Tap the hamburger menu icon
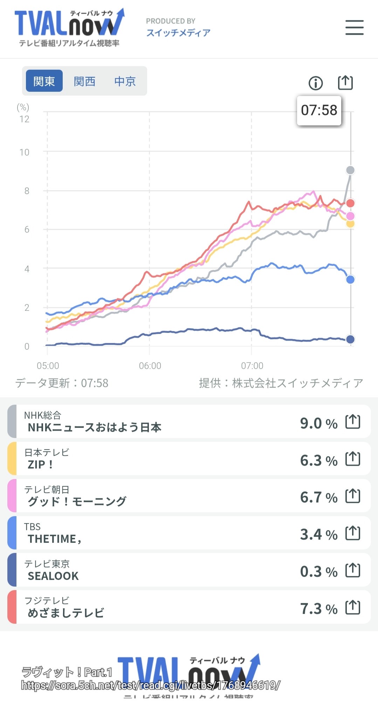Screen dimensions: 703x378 click(354, 27)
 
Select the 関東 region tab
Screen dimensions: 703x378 click(44, 81)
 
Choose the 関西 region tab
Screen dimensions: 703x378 click(84, 81)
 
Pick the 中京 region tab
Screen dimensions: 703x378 click(125, 81)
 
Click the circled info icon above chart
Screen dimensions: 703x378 click(315, 83)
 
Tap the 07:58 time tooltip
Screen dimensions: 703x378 click(319, 110)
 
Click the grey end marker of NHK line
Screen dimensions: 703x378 click(350, 170)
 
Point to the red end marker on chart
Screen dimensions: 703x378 click(350, 203)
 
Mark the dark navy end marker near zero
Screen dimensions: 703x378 click(350, 339)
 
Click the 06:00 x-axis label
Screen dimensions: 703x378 click(150, 366)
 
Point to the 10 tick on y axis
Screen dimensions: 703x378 click(25, 152)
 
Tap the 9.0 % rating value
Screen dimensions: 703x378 click(318, 423)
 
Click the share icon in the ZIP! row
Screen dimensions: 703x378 click(352, 459)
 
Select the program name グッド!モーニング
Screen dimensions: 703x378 click(77, 501)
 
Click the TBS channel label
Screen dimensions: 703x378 click(32, 527)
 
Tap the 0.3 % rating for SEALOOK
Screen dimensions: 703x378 click(318, 572)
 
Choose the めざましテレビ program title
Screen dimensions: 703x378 click(66, 613)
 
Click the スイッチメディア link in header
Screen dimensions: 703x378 click(178, 33)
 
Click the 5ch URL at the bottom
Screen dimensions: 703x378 click(151, 685)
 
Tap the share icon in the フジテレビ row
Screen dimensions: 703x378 click(352, 607)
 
